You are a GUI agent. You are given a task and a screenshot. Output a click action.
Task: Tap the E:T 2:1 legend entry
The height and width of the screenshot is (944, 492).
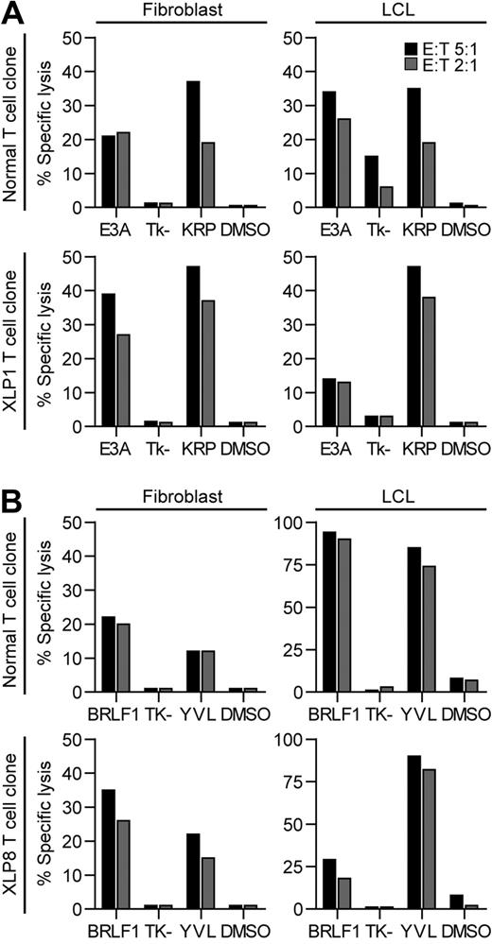click(450, 63)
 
